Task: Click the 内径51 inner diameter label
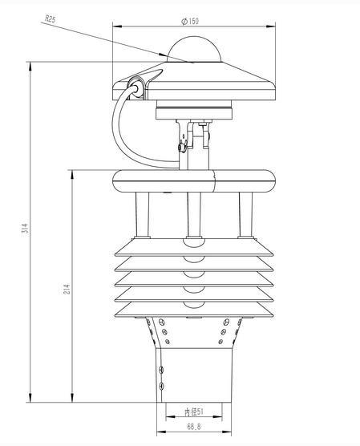(x=194, y=412)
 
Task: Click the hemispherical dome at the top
(x=192, y=50)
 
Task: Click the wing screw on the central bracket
(x=184, y=146)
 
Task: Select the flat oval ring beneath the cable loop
(x=192, y=180)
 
